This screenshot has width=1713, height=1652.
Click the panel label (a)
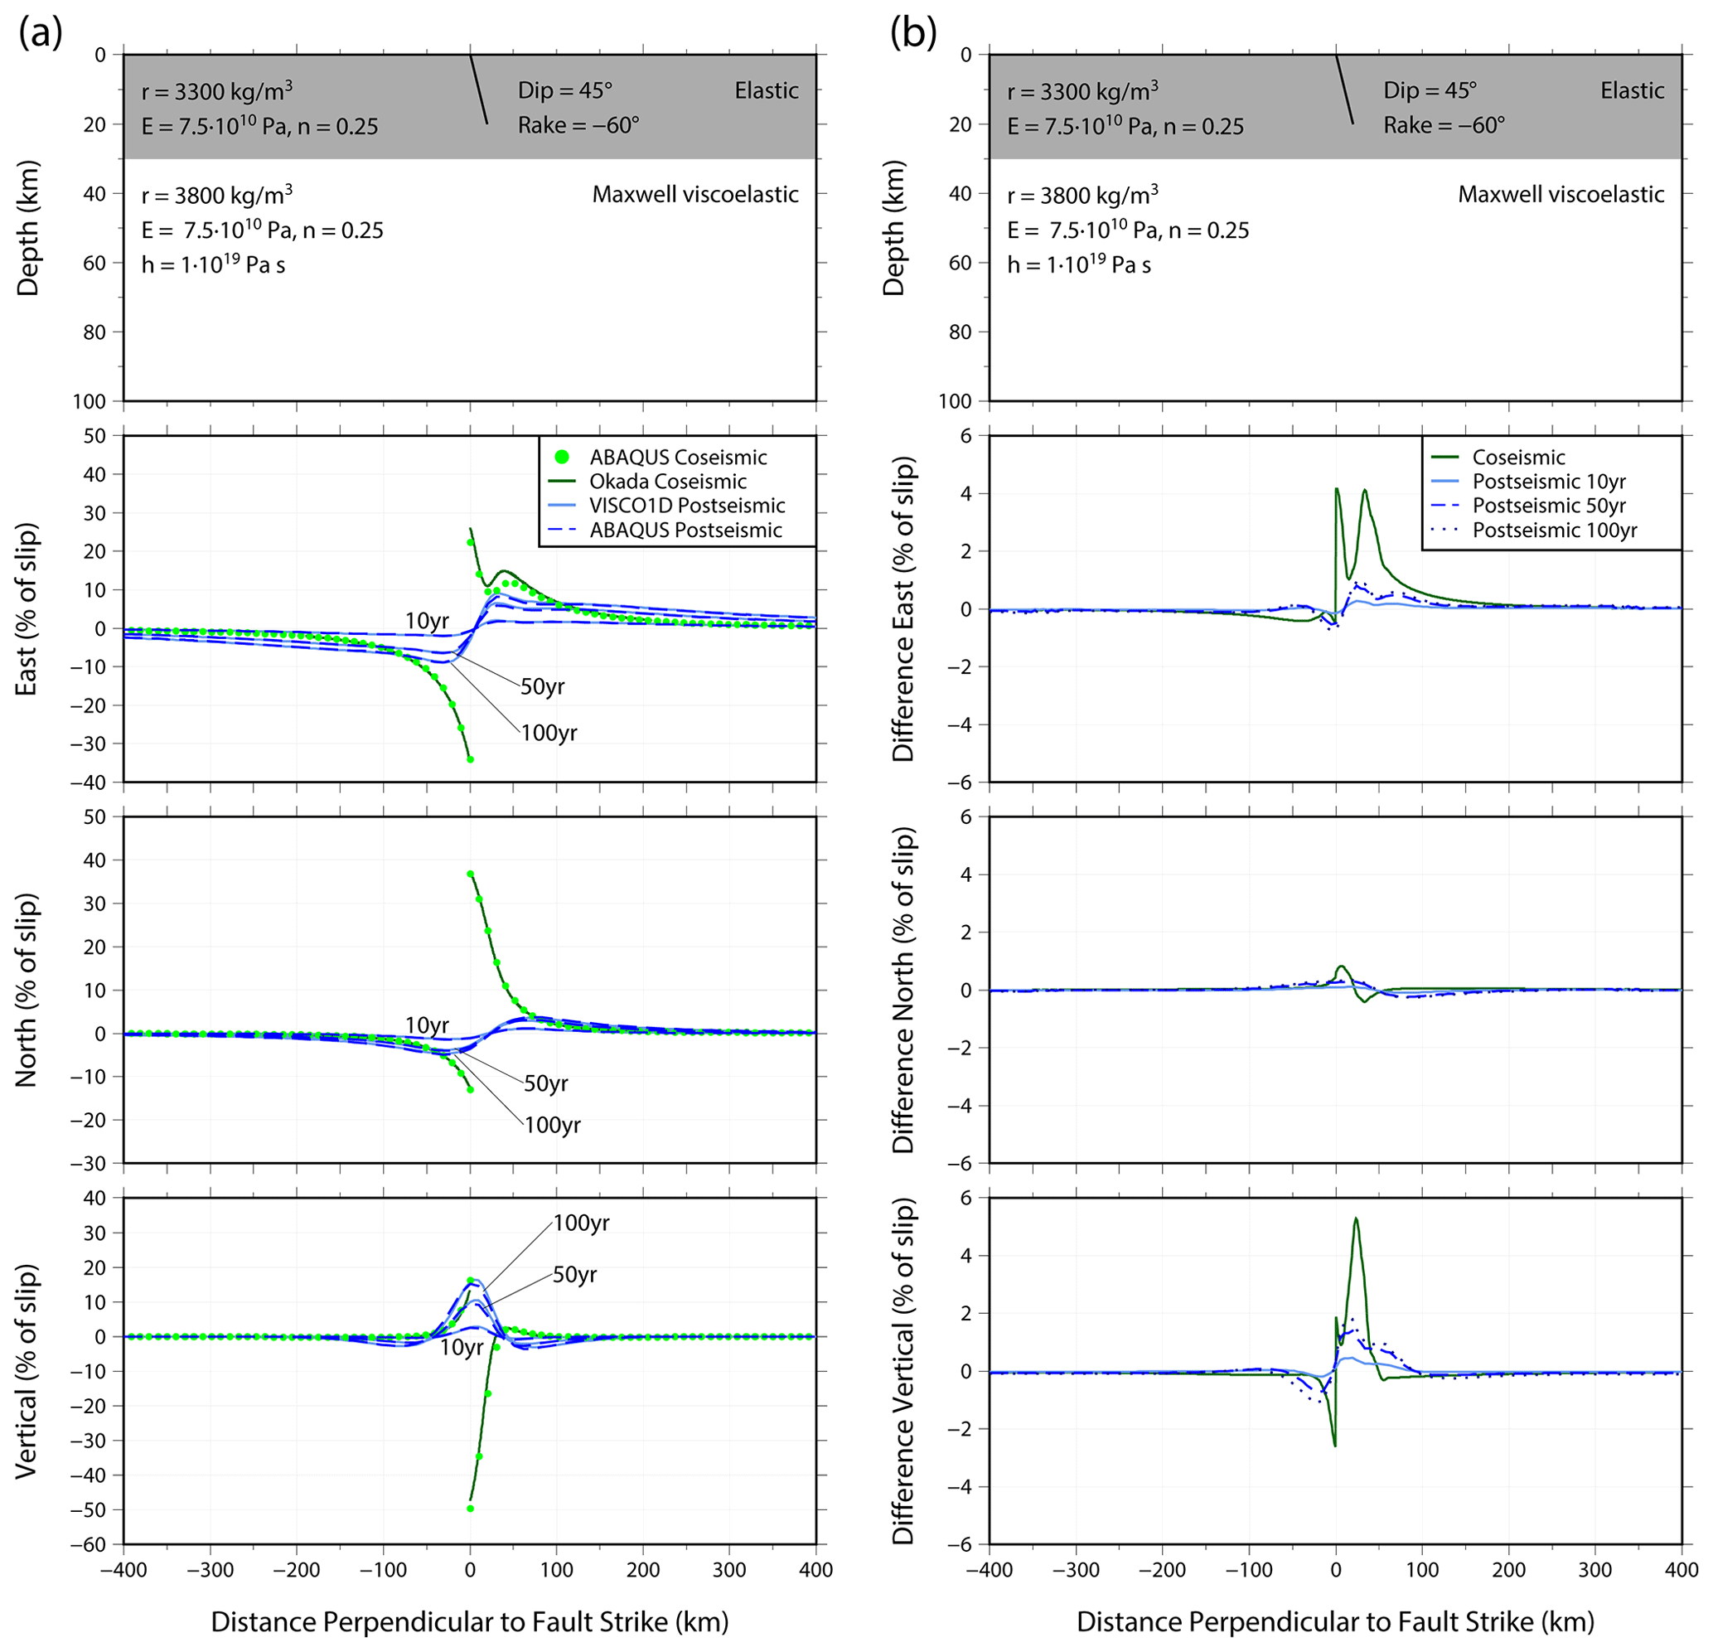pos(41,33)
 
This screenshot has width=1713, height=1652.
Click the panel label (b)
pos(913,33)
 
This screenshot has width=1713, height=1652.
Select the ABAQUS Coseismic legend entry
pos(677,458)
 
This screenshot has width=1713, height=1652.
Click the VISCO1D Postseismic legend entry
pos(686,505)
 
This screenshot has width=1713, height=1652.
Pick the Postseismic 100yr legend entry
pos(1554,530)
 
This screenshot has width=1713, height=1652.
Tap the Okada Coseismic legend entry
pos(668,482)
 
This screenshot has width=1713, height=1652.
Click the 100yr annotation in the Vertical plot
pos(581,1223)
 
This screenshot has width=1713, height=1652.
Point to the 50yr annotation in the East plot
pos(543,686)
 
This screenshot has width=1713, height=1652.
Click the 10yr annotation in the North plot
pos(427,1025)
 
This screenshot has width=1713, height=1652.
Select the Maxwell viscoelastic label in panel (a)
pos(694,194)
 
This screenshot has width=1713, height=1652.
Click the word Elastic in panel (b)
pos(1632,91)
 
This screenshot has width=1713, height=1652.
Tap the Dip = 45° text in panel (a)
pos(564,91)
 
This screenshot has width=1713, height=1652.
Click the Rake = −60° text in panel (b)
pos(1444,126)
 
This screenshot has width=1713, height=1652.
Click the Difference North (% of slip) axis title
pos(903,990)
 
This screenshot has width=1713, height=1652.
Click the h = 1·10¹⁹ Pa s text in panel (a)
pos(213,264)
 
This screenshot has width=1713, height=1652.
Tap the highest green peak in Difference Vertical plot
pos(1355,1218)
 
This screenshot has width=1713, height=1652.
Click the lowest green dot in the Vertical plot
pos(470,1508)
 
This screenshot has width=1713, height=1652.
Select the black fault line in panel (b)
pos(1344,90)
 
